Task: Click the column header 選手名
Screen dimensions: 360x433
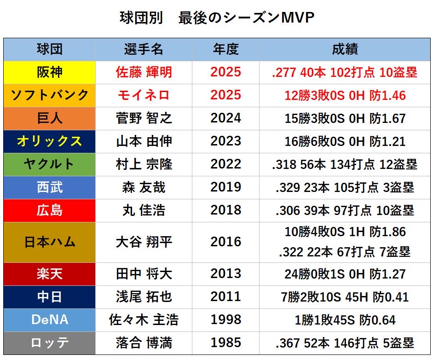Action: coord(144,49)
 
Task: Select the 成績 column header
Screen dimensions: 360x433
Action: coord(345,49)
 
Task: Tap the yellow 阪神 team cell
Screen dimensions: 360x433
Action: coord(50,72)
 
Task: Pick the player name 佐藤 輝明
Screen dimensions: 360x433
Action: coord(144,72)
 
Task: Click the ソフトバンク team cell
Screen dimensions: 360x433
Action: coord(50,95)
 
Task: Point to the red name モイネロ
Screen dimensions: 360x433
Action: coord(144,95)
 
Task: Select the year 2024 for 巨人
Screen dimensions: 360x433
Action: coord(225,118)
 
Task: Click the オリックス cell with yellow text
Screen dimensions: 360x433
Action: coord(50,141)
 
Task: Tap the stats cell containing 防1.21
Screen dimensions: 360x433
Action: coord(345,141)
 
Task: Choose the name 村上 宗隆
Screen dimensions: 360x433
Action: coord(144,164)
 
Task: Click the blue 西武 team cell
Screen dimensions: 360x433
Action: coord(50,187)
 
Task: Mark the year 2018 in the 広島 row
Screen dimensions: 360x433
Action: coord(225,210)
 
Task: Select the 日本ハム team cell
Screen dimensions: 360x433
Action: coord(50,242)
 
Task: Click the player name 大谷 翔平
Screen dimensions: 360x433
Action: coord(144,242)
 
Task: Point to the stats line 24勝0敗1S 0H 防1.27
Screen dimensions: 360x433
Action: coord(345,274)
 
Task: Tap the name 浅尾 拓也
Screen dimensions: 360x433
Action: coord(144,297)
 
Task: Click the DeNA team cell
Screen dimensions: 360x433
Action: coord(50,320)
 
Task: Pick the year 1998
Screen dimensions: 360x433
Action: coord(225,320)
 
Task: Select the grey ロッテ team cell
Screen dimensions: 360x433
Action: coord(50,343)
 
